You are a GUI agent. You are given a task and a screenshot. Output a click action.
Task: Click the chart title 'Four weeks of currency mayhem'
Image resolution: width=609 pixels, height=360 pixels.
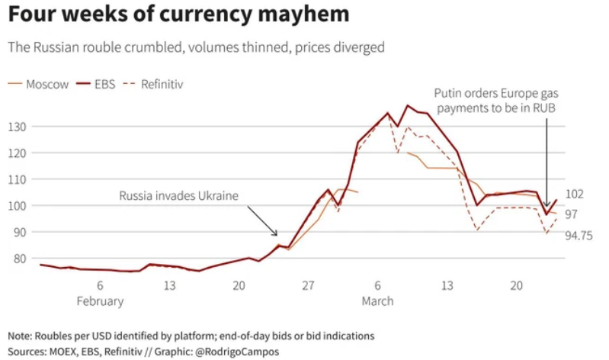tap(179, 15)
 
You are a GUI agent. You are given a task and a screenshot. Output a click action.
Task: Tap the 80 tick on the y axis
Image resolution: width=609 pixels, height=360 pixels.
tap(20, 258)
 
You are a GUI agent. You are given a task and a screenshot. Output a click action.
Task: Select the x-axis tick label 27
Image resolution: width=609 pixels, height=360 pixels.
tap(308, 285)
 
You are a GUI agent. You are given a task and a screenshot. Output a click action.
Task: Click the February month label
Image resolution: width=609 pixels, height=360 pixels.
tap(100, 301)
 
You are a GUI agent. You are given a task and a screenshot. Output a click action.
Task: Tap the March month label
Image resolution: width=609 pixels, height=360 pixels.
tap(377, 301)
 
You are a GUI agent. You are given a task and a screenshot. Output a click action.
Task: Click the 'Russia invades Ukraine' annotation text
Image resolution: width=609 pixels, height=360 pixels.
tap(178, 196)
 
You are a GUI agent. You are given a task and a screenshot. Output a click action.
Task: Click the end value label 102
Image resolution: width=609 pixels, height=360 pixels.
tap(575, 194)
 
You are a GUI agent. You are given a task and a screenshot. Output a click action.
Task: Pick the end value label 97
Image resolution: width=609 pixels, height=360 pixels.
tap(572, 214)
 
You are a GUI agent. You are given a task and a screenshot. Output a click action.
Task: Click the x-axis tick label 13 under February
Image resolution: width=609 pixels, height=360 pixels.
tap(169, 285)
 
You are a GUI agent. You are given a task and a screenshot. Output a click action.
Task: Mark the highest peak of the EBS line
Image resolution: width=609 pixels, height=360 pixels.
tap(409, 105)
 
